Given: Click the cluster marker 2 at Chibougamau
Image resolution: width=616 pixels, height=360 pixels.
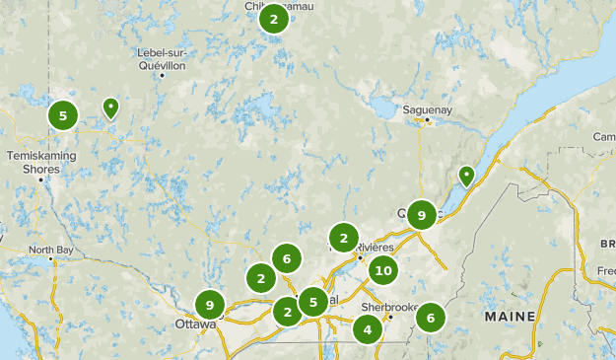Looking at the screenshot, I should click(273, 19).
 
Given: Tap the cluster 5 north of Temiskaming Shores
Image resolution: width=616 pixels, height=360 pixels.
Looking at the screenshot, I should click(63, 115).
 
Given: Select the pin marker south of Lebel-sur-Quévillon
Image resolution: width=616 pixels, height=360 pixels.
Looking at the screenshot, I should click(111, 108).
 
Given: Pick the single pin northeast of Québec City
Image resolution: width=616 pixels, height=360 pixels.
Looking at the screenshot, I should click(466, 176).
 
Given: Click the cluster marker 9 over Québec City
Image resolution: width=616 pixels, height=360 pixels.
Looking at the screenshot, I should click(422, 215).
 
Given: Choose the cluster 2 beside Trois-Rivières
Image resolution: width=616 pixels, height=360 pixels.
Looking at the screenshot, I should click(344, 238).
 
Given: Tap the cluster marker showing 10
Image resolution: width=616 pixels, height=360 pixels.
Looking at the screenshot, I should click(383, 271).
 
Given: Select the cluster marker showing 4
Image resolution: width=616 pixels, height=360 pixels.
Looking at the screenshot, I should click(368, 328).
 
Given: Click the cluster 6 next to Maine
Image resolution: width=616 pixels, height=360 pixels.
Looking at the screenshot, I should click(431, 318).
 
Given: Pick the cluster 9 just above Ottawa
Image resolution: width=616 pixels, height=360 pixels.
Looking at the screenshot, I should click(210, 305).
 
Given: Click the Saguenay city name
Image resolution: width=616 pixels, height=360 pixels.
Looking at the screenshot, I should click(427, 109).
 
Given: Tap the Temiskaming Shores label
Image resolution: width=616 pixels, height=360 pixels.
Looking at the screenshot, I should click(34, 161).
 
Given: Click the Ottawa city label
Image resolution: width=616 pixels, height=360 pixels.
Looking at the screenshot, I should click(195, 324).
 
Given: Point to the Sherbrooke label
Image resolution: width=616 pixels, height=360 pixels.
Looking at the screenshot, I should click(383, 307).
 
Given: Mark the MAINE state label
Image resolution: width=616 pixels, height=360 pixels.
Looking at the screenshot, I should click(509, 317).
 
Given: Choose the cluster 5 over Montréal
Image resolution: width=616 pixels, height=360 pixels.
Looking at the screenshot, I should click(312, 302).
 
